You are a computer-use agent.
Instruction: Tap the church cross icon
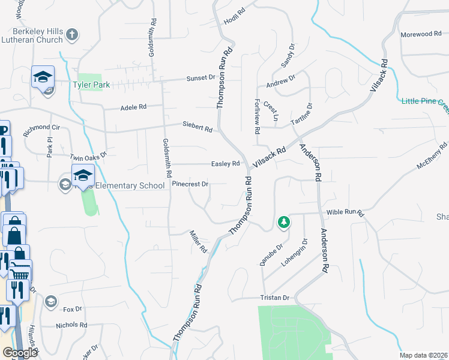click(x=72, y=34)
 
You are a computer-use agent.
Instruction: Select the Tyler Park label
click(x=92, y=85)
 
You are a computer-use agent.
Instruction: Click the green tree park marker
click(x=283, y=223)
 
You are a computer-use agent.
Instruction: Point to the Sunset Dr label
click(x=200, y=78)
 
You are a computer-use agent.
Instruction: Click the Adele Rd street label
click(x=133, y=107)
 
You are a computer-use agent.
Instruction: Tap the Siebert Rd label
click(x=197, y=128)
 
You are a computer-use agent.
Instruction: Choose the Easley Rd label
click(x=226, y=164)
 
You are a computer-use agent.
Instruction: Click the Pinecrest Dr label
click(x=190, y=184)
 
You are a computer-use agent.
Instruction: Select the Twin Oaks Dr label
click(x=88, y=155)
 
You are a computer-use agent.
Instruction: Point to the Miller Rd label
click(x=198, y=241)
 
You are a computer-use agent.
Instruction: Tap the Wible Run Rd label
click(x=345, y=213)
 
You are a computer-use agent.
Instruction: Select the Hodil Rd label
click(x=235, y=12)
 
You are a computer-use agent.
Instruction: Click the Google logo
click(x=20, y=353)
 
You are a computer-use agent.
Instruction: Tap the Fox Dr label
click(x=71, y=310)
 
